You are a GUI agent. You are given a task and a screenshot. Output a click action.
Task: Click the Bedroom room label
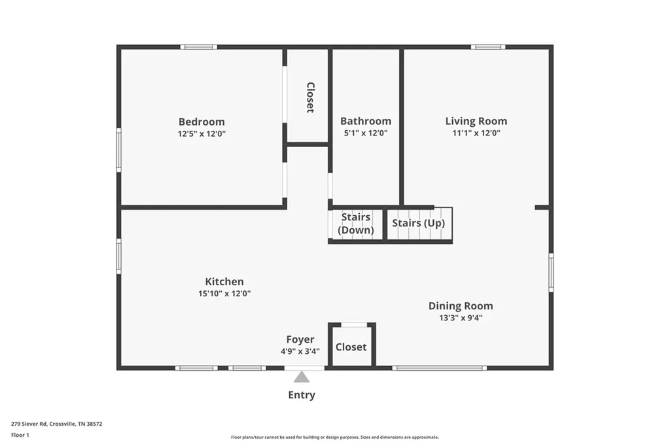pos(202,122)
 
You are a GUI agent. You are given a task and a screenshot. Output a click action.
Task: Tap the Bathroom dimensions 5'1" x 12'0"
pos(366,133)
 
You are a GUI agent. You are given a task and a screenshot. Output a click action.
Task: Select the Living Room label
pos(476,121)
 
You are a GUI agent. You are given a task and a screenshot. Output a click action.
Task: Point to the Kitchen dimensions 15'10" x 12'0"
pos(224,294)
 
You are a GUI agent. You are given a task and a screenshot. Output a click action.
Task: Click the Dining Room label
pos(461,306)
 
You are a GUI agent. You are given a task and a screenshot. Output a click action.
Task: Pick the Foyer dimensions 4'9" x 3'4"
pos(300,351)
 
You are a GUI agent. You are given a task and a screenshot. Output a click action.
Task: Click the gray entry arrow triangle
pos(302,377)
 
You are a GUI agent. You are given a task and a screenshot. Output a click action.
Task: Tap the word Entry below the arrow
pos(302,395)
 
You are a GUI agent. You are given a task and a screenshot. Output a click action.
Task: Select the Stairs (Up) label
pos(418,223)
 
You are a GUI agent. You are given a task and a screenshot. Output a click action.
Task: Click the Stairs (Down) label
pos(356,224)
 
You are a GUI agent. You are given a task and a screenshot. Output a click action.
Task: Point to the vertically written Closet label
pos(310,97)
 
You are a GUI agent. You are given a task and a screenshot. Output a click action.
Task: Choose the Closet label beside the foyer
pos(351,347)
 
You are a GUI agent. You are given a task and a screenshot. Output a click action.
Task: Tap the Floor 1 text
pos(20,435)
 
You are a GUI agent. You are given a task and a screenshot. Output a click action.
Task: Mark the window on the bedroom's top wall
pos(198,47)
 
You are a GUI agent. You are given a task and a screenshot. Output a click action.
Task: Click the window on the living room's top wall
pos(487,47)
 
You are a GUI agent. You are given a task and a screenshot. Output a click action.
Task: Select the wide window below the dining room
pos(439,368)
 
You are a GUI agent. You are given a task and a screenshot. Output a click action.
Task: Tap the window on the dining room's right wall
pos(551,272)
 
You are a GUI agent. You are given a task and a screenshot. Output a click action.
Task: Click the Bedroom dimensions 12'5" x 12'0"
pos(202,133)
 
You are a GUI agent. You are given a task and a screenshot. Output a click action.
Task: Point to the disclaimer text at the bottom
pos(334,437)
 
